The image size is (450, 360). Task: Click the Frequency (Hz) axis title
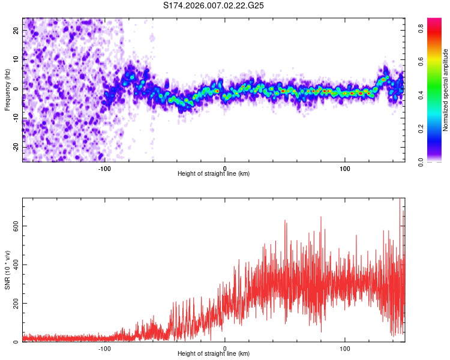(x=7, y=90)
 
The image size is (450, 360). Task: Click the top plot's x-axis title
(x=214, y=173)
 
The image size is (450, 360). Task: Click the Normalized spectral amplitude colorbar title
(x=445, y=90)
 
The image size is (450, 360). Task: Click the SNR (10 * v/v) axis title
(x=7, y=270)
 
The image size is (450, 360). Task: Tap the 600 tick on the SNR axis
(x=15, y=226)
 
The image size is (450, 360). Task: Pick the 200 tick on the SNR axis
(x=15, y=303)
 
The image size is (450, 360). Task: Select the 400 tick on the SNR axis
(x=15, y=265)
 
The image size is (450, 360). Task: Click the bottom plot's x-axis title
(x=214, y=353)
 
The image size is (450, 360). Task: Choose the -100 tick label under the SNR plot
(x=105, y=347)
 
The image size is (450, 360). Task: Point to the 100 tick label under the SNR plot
(x=345, y=347)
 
